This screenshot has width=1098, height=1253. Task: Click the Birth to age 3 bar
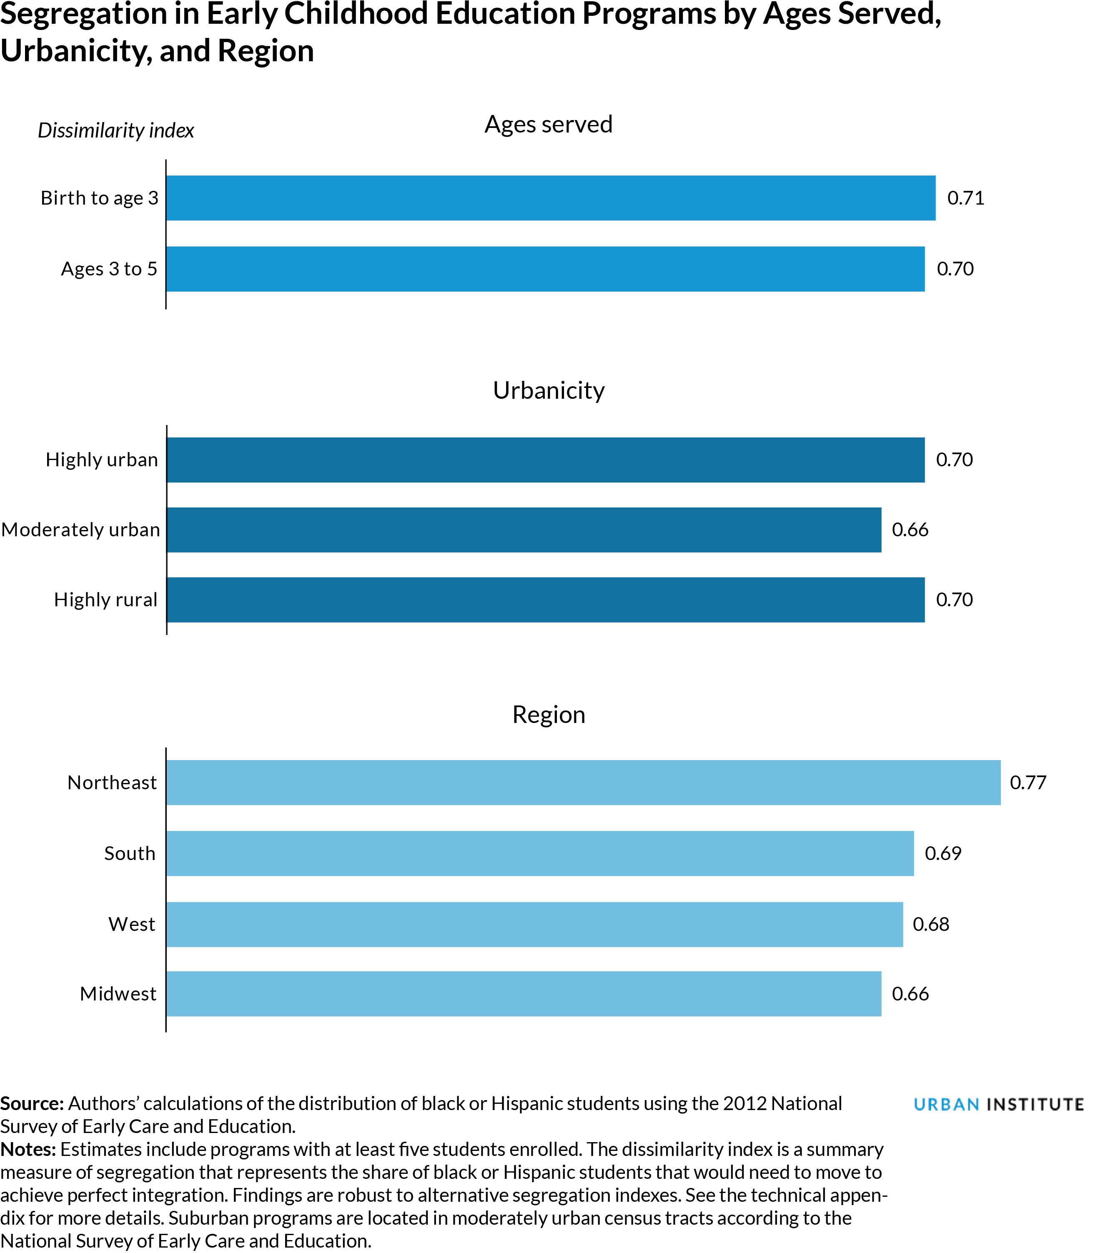pyautogui.click(x=550, y=198)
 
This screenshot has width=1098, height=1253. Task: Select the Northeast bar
pyautogui.click(x=583, y=782)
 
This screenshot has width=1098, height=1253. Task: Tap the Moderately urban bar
pyautogui.click(x=524, y=530)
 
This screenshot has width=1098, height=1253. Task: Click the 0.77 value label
pyautogui.click(x=1028, y=783)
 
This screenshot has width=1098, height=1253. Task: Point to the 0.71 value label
pyautogui.click(x=966, y=198)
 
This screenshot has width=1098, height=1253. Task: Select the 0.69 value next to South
pyautogui.click(x=943, y=853)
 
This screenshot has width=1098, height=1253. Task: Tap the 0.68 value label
pyautogui.click(x=931, y=924)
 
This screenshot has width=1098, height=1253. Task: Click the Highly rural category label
pyautogui.click(x=105, y=600)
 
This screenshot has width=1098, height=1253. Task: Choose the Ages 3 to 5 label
pyautogui.click(x=109, y=269)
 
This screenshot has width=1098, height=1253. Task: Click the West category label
pyautogui.click(x=132, y=924)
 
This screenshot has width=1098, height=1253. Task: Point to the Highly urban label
pyautogui.click(x=102, y=460)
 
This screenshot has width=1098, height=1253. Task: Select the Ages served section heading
pyautogui.click(x=549, y=124)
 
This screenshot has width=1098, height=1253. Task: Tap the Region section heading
pyautogui.click(x=549, y=715)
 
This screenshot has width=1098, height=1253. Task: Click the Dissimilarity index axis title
pyautogui.click(x=116, y=130)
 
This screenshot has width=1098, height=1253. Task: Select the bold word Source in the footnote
pyautogui.click(x=32, y=1103)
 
